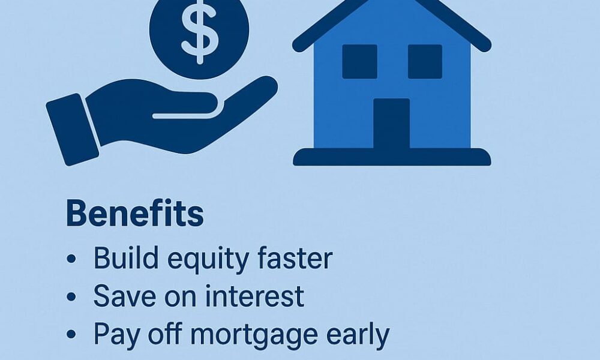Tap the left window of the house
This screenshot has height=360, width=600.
click(359, 62)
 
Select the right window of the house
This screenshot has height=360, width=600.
click(425, 62)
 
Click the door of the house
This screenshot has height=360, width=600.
click(391, 123)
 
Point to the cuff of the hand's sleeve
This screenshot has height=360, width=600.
click(73, 130)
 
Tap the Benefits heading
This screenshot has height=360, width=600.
click(134, 214)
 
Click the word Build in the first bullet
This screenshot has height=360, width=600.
click(126, 258)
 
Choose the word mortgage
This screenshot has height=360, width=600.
click(254, 336)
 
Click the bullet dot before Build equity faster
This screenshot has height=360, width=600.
click(71, 259)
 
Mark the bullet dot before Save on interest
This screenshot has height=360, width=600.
click(71, 296)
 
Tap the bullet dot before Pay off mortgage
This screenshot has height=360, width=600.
click(71, 334)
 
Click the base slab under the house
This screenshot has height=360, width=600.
click(392, 157)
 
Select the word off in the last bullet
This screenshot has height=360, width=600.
click(166, 334)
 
